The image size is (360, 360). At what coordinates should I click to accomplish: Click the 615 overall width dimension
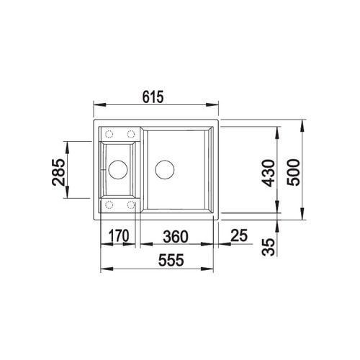153,96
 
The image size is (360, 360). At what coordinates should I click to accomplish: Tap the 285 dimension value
58,172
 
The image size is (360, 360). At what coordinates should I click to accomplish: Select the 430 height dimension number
268,174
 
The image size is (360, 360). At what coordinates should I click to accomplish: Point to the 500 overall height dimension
293,172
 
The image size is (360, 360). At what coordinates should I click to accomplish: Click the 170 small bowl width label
119,235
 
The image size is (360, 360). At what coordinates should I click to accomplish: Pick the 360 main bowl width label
176,237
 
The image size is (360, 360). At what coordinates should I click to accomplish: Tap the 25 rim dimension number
239,235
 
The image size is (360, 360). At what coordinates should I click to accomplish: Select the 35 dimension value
268,247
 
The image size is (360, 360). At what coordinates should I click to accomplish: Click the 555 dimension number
171,260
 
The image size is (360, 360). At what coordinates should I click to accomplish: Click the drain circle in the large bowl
165,169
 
